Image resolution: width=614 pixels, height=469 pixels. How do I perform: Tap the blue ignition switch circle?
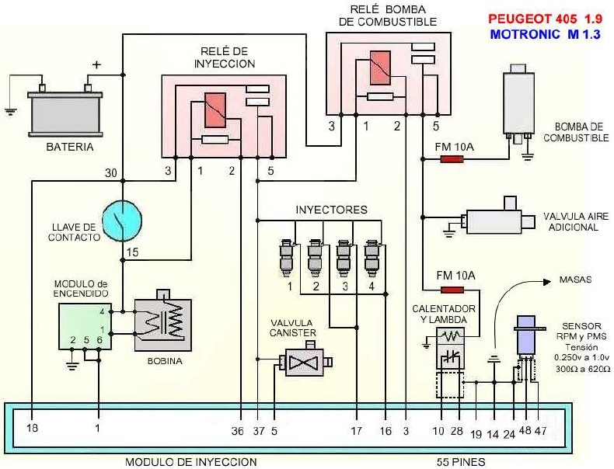pyautogui.click(x=122, y=221)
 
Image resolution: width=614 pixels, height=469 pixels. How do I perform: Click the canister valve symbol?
pyautogui.click(x=304, y=362)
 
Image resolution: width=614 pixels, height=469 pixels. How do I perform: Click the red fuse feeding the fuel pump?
pyautogui.click(x=452, y=160)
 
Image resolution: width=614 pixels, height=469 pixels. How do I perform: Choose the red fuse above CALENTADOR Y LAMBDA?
pyautogui.click(x=452, y=290)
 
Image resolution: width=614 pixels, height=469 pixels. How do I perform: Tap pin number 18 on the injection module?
pyautogui.click(x=32, y=427)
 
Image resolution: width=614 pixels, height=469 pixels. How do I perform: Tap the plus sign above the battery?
pyautogui.click(x=96, y=64)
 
